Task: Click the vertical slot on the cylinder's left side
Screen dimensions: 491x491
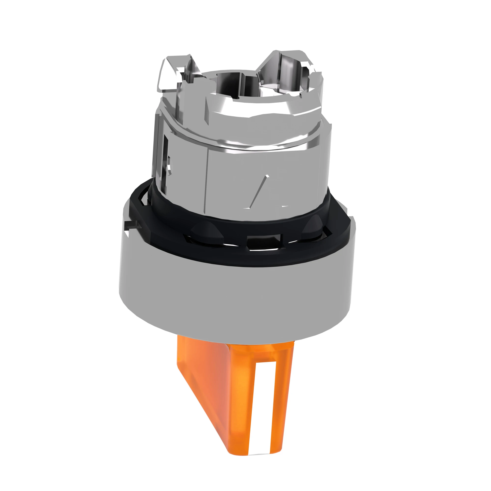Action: point(166,163)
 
